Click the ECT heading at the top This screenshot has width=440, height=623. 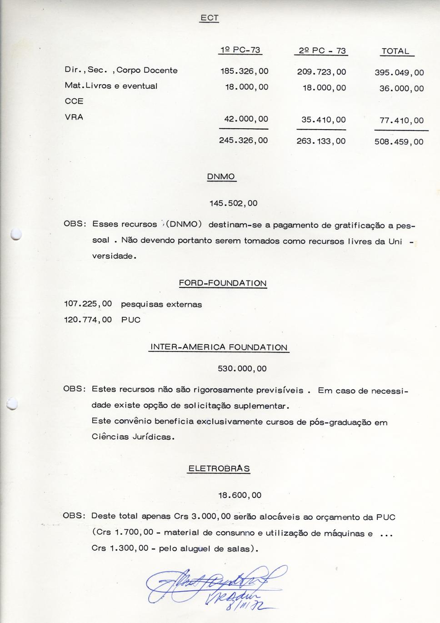(210, 18)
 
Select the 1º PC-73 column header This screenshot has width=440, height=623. (240, 50)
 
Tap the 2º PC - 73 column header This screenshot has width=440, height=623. (321, 51)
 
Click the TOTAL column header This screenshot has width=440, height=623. (395, 51)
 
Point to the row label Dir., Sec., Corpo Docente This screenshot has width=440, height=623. (121, 70)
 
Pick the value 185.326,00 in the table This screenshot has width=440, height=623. (244, 71)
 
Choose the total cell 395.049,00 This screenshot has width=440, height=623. (399, 73)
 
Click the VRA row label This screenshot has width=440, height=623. (74, 117)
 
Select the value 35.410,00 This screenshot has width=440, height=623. (323, 120)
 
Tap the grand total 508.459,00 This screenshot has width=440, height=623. (399, 142)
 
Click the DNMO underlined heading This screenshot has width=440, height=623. (221, 176)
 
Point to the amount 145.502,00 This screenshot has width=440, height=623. (233, 203)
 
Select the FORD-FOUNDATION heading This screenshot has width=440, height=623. (223, 283)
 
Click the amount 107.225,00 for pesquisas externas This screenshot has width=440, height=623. (88, 304)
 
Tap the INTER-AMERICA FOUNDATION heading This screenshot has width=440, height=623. (219, 347)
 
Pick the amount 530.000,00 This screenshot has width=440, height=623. (242, 369)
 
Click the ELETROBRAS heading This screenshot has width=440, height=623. (219, 469)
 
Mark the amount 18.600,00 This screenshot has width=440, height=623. (240, 495)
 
